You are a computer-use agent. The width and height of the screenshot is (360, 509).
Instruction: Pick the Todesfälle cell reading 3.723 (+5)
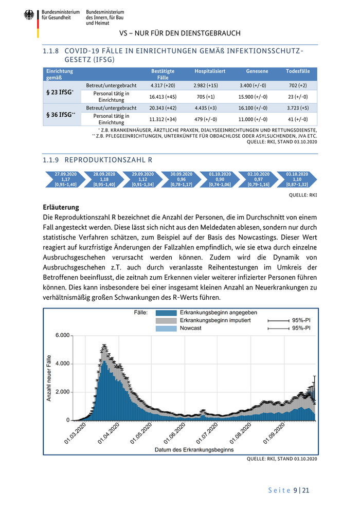298,108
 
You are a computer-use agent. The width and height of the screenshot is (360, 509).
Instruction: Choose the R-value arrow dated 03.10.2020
297,179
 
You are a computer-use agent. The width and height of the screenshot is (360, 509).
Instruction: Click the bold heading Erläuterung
61,207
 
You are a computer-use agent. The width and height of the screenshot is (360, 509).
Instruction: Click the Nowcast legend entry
190,328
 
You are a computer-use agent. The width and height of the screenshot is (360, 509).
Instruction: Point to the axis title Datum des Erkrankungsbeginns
194,449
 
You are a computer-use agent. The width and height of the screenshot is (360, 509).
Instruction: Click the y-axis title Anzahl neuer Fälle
49,378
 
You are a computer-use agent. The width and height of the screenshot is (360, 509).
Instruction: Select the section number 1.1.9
51,160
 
